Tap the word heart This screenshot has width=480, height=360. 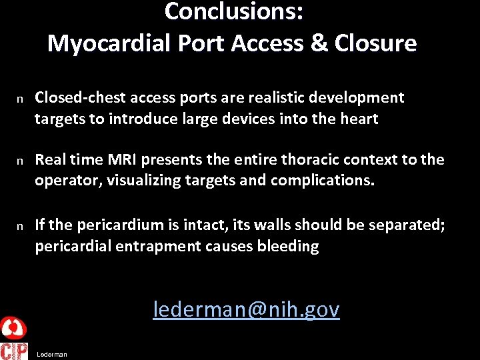point(358,119)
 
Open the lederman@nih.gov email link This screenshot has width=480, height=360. point(246,309)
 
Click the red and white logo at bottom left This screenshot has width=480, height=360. point(13,339)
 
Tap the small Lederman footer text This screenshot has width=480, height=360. point(52,355)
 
